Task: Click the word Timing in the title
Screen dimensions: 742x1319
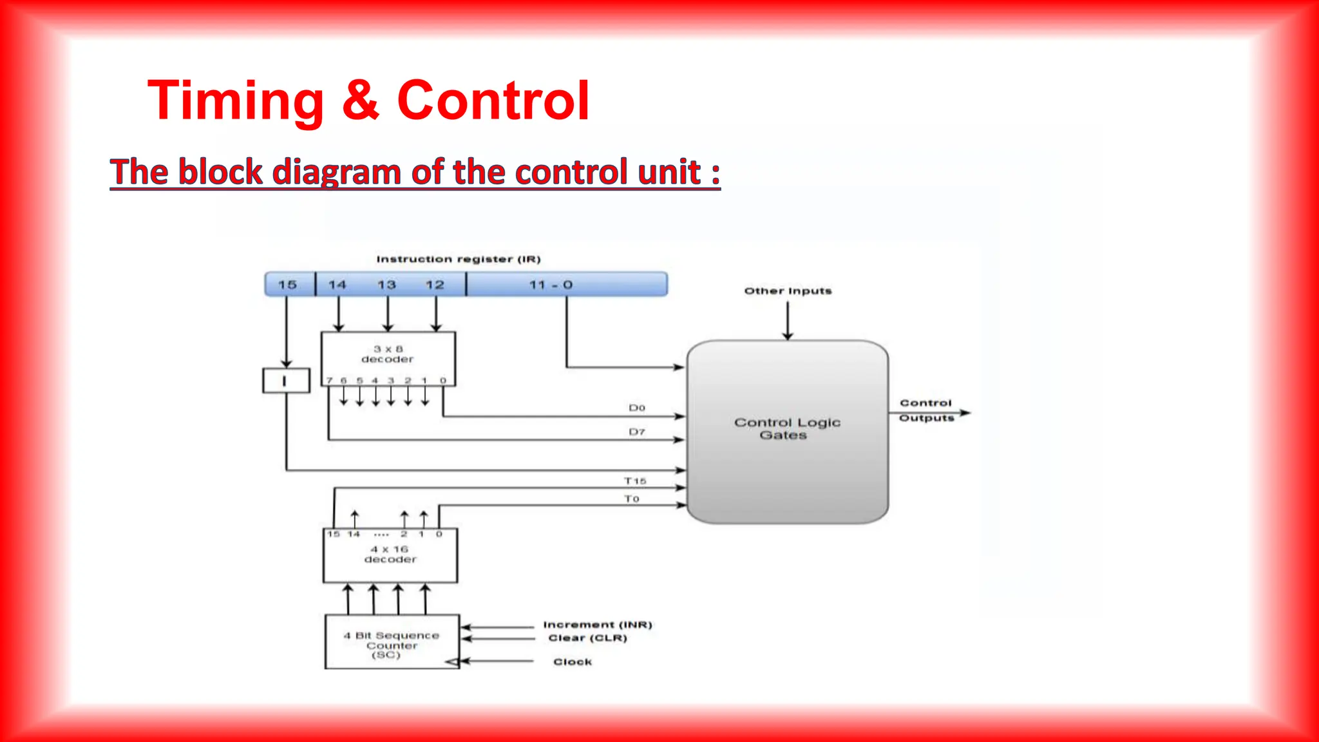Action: pos(236,100)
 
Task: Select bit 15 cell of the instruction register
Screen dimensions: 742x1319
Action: pos(288,284)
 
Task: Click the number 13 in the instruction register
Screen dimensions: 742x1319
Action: pos(386,284)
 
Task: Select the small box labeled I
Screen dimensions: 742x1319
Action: pos(285,381)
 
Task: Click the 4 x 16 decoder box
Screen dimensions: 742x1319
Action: pos(390,555)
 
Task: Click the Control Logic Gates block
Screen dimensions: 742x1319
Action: pos(787,430)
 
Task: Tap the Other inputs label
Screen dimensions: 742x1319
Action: pos(788,291)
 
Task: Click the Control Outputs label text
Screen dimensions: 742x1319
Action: pos(926,410)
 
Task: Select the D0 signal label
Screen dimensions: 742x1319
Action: pos(636,408)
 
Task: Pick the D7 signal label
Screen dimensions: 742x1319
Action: pos(636,432)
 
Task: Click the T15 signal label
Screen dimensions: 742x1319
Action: pos(634,481)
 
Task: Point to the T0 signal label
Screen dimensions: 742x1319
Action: pos(631,499)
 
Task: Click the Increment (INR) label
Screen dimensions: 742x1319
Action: pos(597,625)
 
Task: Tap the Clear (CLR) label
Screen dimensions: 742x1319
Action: pos(587,638)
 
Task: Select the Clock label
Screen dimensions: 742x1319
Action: pos(573,661)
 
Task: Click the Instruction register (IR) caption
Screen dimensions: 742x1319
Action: pos(458,259)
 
